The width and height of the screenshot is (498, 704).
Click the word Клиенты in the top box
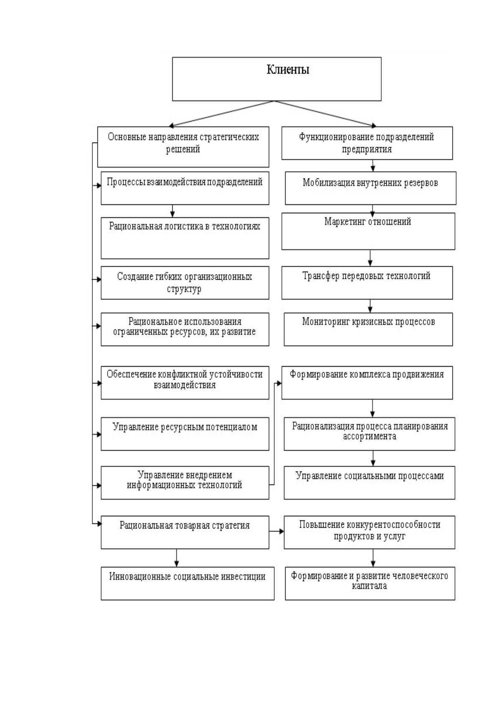tap(288, 69)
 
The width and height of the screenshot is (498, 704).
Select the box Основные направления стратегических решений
tap(183, 147)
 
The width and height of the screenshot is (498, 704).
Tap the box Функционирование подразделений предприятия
tap(367, 143)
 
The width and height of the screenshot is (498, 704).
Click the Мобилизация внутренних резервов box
tap(370, 188)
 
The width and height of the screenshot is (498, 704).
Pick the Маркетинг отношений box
tap(368, 231)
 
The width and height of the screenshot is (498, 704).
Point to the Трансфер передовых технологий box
tap(367, 283)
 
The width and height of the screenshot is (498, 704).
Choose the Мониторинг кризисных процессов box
tap(368, 329)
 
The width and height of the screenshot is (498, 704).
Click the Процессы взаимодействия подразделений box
tap(185, 188)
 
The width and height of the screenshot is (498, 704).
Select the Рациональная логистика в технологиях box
tap(185, 238)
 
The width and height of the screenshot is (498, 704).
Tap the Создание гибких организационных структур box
tap(185, 283)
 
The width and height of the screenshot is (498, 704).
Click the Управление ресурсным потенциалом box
tap(185, 434)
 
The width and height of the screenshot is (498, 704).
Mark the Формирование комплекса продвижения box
tap(367, 383)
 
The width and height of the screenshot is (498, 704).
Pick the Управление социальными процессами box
tap(369, 482)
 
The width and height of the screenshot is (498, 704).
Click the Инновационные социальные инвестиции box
tap(187, 583)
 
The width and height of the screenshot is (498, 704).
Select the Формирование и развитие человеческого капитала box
tap(370, 583)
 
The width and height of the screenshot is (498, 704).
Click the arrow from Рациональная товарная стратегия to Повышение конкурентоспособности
tap(277, 531)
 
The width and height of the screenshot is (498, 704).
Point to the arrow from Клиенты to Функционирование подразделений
tap(325, 113)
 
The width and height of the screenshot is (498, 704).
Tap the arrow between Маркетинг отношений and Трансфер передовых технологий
tap(370, 258)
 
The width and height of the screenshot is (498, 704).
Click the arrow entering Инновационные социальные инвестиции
tap(176, 558)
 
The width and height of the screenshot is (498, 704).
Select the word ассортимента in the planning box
tap(369, 436)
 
